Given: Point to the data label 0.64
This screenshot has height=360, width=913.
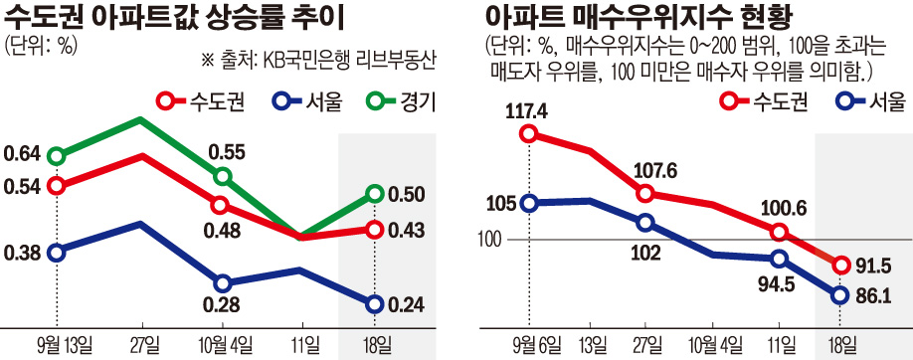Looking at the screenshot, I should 22,154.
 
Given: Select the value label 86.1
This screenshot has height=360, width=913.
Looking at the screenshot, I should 876,295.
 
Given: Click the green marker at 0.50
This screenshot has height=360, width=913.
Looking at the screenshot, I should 374,193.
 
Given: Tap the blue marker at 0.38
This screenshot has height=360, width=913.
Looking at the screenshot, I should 57,253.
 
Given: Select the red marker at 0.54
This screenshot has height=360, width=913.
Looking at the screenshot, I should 57,186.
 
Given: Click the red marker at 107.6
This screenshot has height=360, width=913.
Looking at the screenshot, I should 646,193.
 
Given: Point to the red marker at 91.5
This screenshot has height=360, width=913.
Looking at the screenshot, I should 840,265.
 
